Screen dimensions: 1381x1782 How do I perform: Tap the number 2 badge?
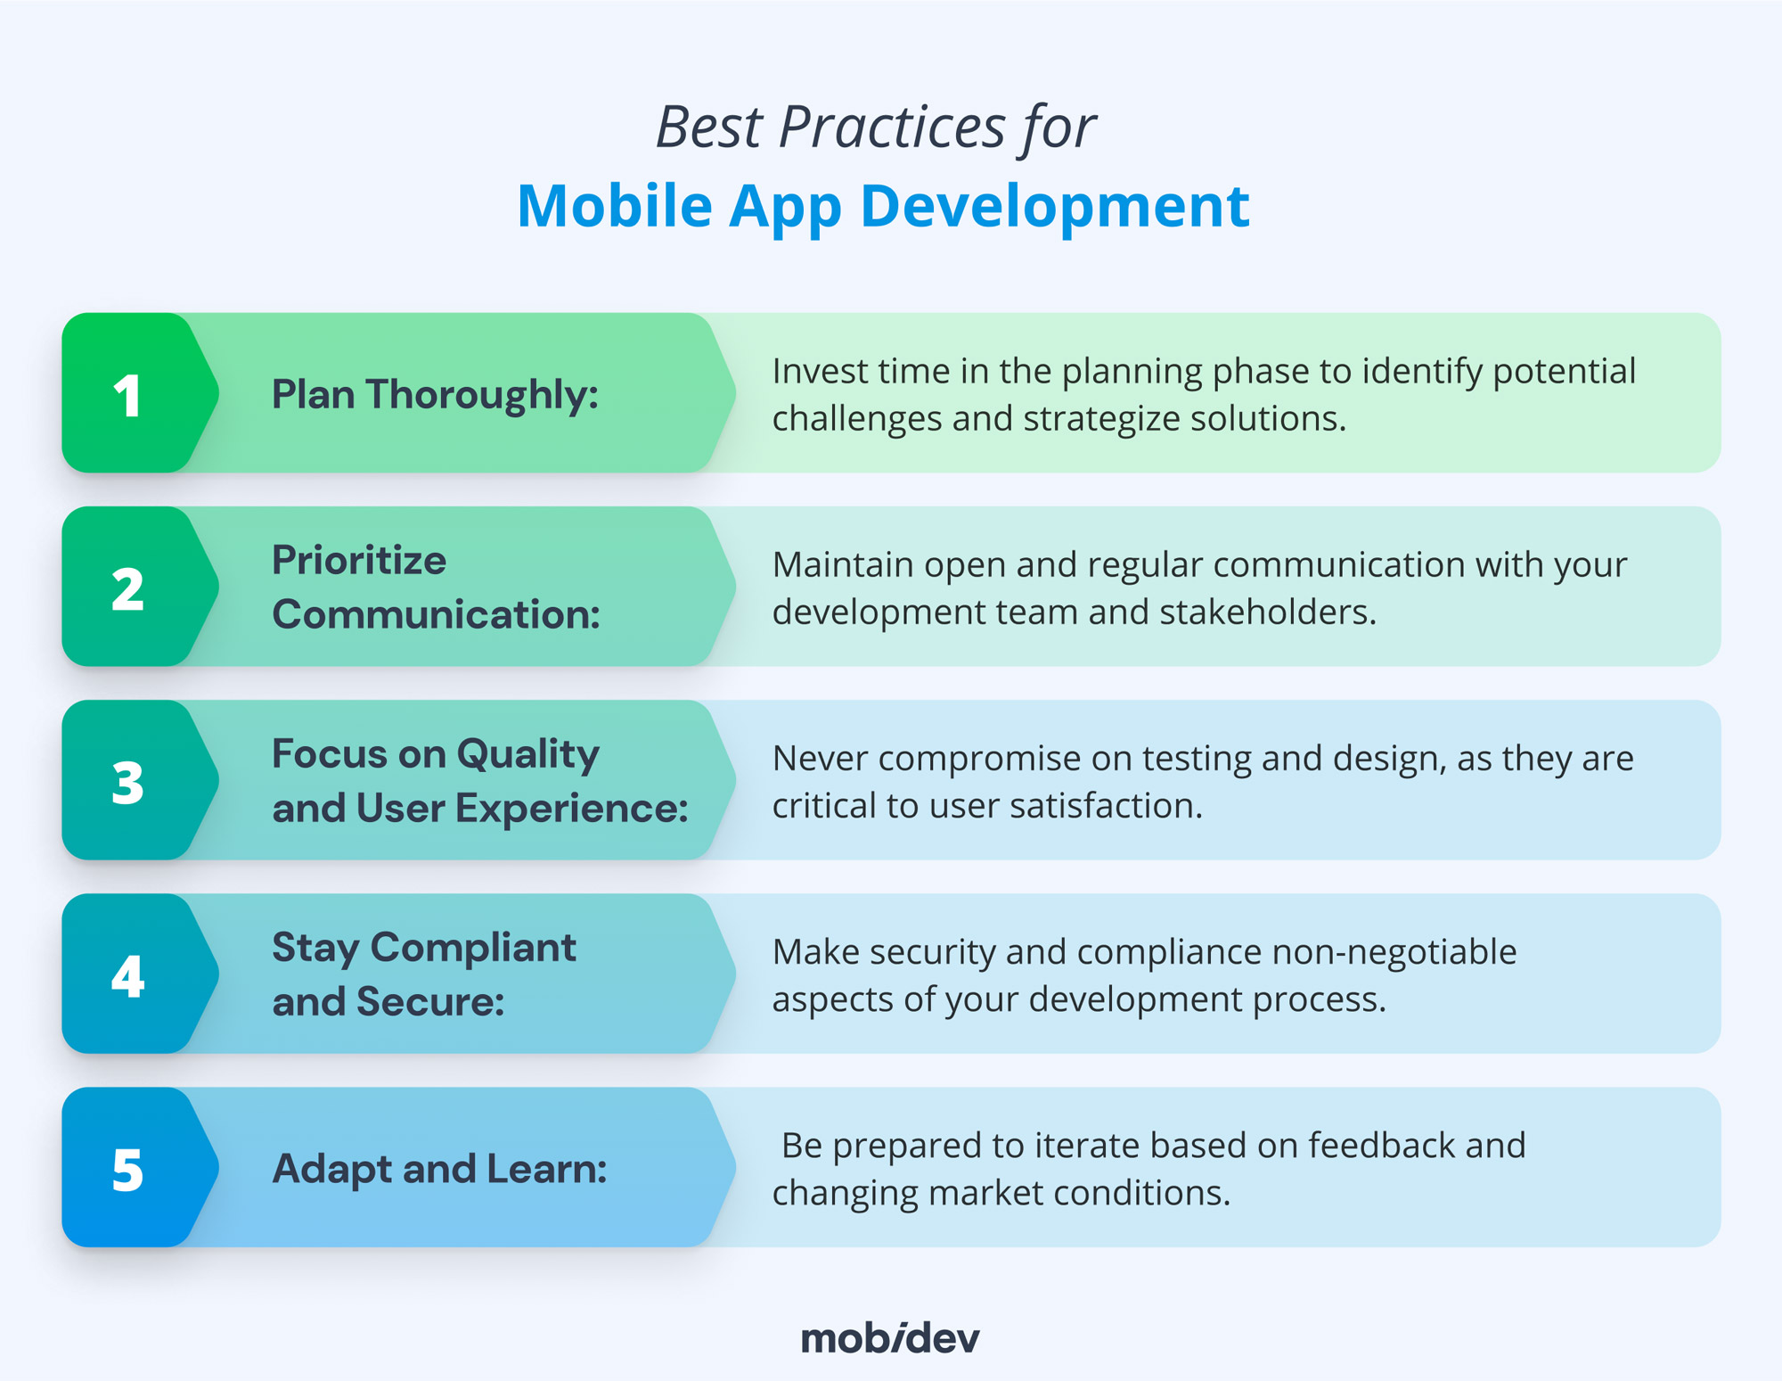(x=128, y=588)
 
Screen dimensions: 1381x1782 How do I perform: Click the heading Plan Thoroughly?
(x=435, y=394)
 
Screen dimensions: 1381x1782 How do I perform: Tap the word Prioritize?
(x=359, y=561)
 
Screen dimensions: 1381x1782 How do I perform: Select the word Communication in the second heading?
(x=436, y=615)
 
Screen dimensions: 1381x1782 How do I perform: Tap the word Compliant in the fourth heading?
(x=473, y=948)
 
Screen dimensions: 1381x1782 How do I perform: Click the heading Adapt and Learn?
(x=439, y=1169)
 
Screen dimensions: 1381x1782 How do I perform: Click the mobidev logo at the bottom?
(x=890, y=1338)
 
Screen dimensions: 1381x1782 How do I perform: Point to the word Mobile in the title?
(x=615, y=206)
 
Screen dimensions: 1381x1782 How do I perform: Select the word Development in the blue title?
(x=1055, y=206)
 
